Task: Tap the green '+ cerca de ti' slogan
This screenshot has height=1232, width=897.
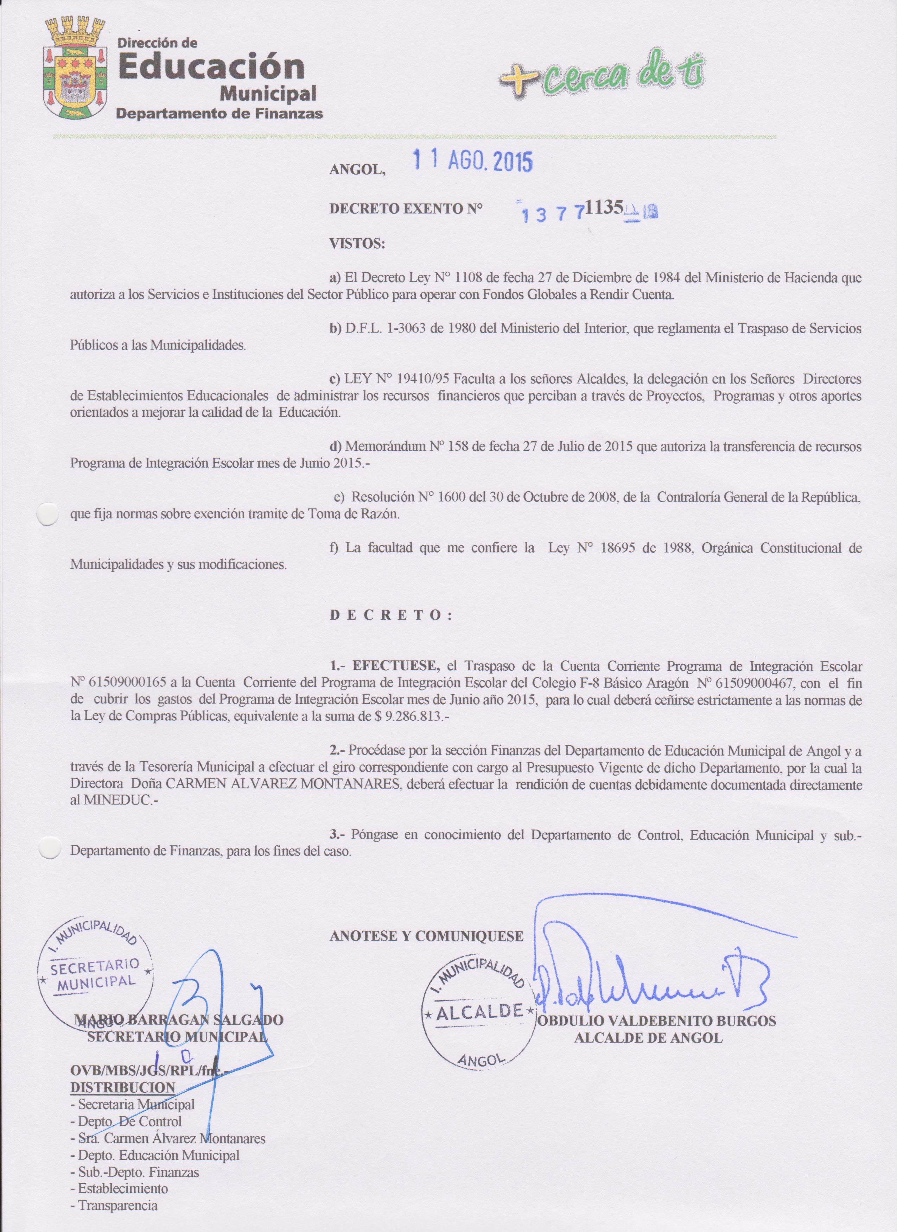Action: pyautogui.click(x=601, y=80)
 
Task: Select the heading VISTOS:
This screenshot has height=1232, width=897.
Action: pyautogui.click(x=357, y=244)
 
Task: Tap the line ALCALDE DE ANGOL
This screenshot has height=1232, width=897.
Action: pyautogui.click(x=648, y=1037)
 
